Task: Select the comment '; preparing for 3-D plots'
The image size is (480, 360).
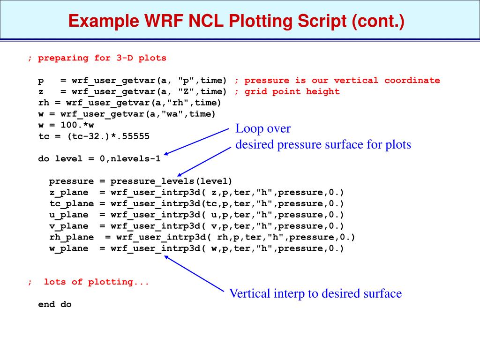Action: tap(97, 58)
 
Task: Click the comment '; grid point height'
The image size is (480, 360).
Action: tap(287, 91)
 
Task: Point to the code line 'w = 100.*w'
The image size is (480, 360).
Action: tap(66, 125)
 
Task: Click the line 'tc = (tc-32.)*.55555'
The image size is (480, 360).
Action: tap(94, 136)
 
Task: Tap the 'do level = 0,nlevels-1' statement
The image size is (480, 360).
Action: tap(99, 158)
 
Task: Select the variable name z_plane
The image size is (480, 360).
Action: tap(69, 192)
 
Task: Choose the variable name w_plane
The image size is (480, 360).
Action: tap(69, 248)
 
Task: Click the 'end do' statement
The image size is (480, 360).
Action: tap(55, 304)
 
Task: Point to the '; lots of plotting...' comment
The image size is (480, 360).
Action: tap(89, 282)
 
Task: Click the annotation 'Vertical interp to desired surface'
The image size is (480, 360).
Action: tap(315, 294)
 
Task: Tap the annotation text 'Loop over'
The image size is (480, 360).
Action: tap(263, 128)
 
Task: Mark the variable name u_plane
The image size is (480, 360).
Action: tap(69, 215)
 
